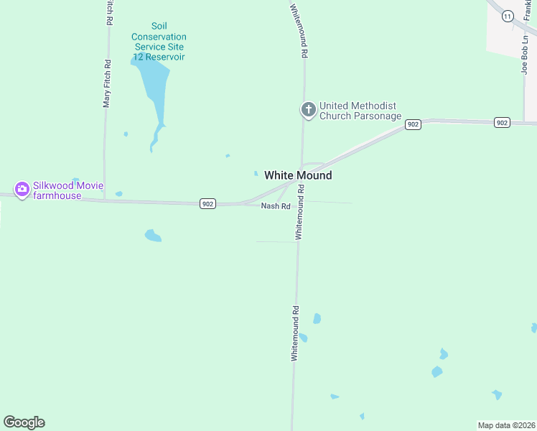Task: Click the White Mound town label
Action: [298, 175]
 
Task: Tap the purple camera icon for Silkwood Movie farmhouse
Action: [22, 190]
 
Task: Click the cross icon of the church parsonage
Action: [308, 110]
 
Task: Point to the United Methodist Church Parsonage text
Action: [360, 111]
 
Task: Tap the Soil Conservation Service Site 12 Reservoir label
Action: [159, 42]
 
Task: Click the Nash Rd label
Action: [275, 206]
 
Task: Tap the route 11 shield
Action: [508, 15]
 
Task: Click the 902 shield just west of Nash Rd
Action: [207, 204]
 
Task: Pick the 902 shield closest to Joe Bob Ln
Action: [502, 123]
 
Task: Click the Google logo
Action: [24, 422]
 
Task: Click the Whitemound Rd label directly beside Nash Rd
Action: [300, 212]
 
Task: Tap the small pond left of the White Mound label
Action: [256, 173]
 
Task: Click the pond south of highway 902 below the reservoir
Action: [152, 235]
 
